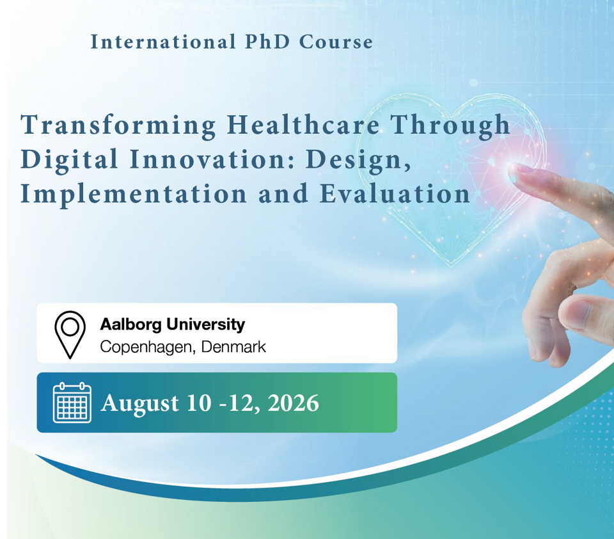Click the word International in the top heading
pyautogui.click(x=163, y=42)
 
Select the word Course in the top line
pyautogui.click(x=336, y=42)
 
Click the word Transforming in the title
pyautogui.click(x=118, y=126)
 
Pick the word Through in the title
pyautogui.click(x=451, y=126)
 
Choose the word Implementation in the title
pyautogui.click(x=134, y=195)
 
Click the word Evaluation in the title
pyautogui.click(x=395, y=194)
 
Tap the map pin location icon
pyautogui.click(x=70, y=334)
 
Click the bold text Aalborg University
pyautogui.click(x=172, y=325)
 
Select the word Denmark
pyautogui.click(x=233, y=347)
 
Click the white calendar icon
pyautogui.click(x=72, y=403)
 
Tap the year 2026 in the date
pyautogui.click(x=294, y=403)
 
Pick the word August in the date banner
pyautogui.click(x=140, y=404)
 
